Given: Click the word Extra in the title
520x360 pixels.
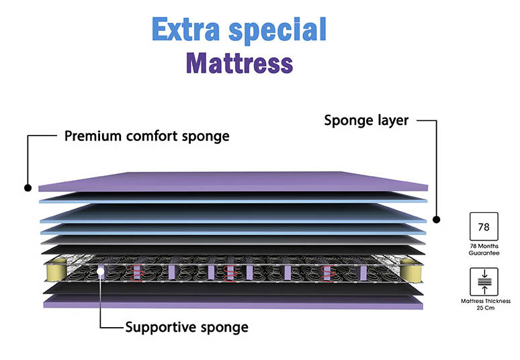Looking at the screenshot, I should click(184, 30).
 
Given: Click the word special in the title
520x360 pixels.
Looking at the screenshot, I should click(276, 31).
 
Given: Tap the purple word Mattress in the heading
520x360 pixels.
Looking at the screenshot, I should click(239, 64).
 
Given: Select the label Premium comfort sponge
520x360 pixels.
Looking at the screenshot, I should click(146, 136).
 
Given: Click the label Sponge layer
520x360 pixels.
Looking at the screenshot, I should click(366, 121).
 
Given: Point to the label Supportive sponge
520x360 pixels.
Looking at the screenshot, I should click(186, 328).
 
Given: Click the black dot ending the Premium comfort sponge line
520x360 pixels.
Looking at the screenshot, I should click(28, 189).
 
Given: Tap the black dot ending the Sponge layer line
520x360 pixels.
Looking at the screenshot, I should click(436, 220).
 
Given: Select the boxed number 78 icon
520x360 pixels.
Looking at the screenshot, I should click(483, 226).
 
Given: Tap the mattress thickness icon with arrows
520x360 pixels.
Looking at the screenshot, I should click(483, 281).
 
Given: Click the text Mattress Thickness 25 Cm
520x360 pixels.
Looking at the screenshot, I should click(483, 304).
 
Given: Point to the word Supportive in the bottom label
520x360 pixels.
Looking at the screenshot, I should click(159, 328).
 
